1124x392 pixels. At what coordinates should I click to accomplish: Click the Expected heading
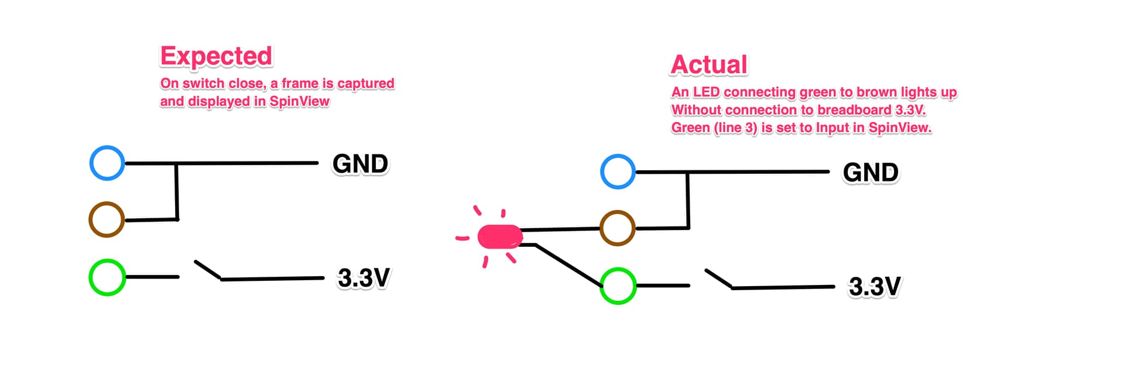coord(216,57)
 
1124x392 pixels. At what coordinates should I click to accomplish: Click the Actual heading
coord(709,64)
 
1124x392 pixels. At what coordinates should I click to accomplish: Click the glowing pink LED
coord(500,237)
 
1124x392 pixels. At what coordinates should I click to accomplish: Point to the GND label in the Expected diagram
coord(360,164)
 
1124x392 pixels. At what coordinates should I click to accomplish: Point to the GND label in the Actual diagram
coord(871,173)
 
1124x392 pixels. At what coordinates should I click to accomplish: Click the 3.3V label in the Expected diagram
coord(364,278)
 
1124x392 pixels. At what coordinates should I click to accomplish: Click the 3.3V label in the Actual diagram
coord(875,287)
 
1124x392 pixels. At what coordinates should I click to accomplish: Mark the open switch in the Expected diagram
coord(208,270)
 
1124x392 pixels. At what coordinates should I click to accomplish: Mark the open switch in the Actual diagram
coord(719,279)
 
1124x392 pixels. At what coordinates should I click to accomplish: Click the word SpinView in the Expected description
coord(299,101)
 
